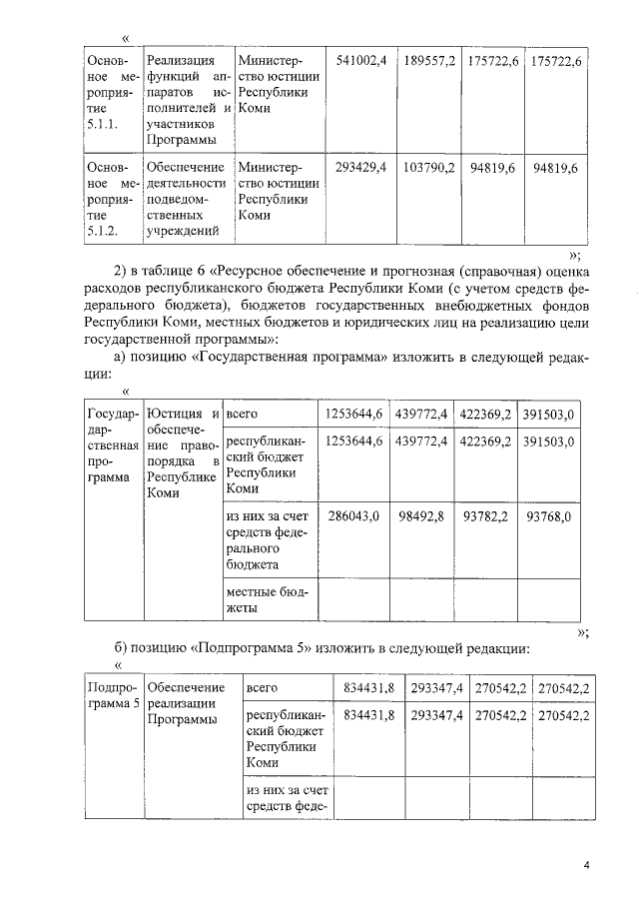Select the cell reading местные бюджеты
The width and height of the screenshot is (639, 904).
tap(266, 598)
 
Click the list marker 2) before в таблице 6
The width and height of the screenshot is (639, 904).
tap(122, 271)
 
